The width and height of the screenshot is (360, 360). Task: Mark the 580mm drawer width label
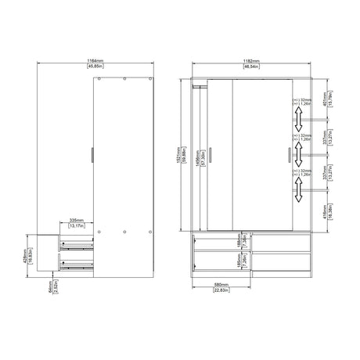[221, 286]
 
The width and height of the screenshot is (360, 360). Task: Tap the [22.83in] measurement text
[221, 293]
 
